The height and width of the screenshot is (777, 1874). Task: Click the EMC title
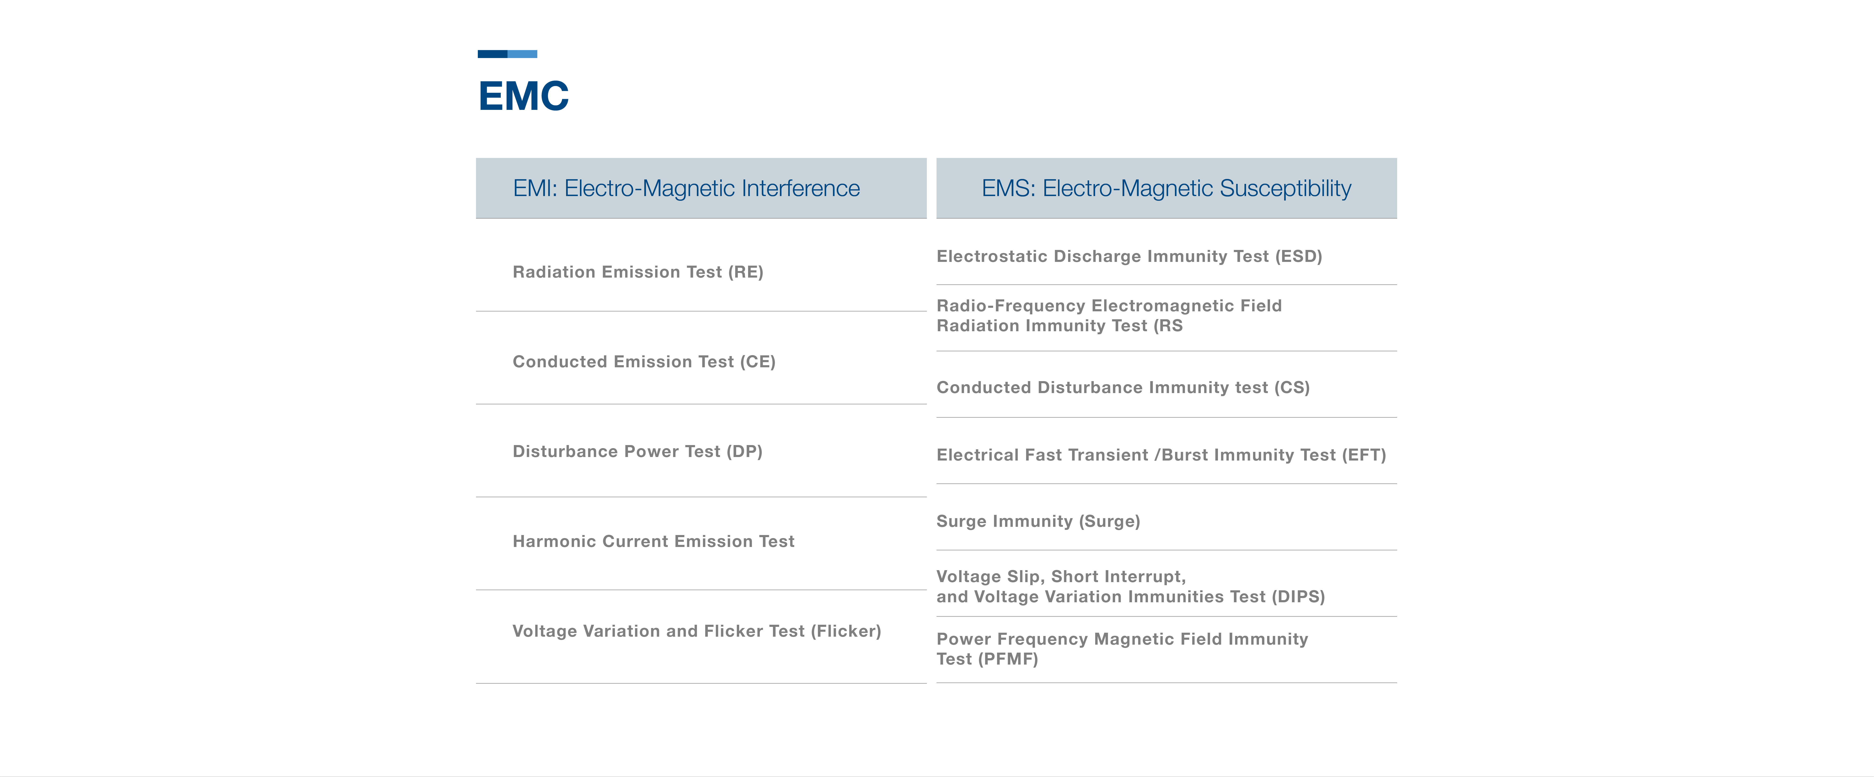click(x=523, y=96)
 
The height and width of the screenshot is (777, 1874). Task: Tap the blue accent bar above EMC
click(x=507, y=54)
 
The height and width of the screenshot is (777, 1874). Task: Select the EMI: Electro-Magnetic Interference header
click(x=686, y=188)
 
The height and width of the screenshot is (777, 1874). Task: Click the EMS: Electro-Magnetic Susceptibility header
click(x=1166, y=188)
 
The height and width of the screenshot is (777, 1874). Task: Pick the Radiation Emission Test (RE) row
click(x=638, y=272)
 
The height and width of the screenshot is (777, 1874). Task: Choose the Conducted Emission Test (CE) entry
click(x=644, y=362)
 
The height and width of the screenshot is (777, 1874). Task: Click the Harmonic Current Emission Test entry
click(x=653, y=541)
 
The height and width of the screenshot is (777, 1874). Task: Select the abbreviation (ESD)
click(x=1299, y=256)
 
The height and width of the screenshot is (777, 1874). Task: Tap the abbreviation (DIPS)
click(x=1299, y=597)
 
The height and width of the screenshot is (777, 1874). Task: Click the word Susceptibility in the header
click(x=1285, y=188)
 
